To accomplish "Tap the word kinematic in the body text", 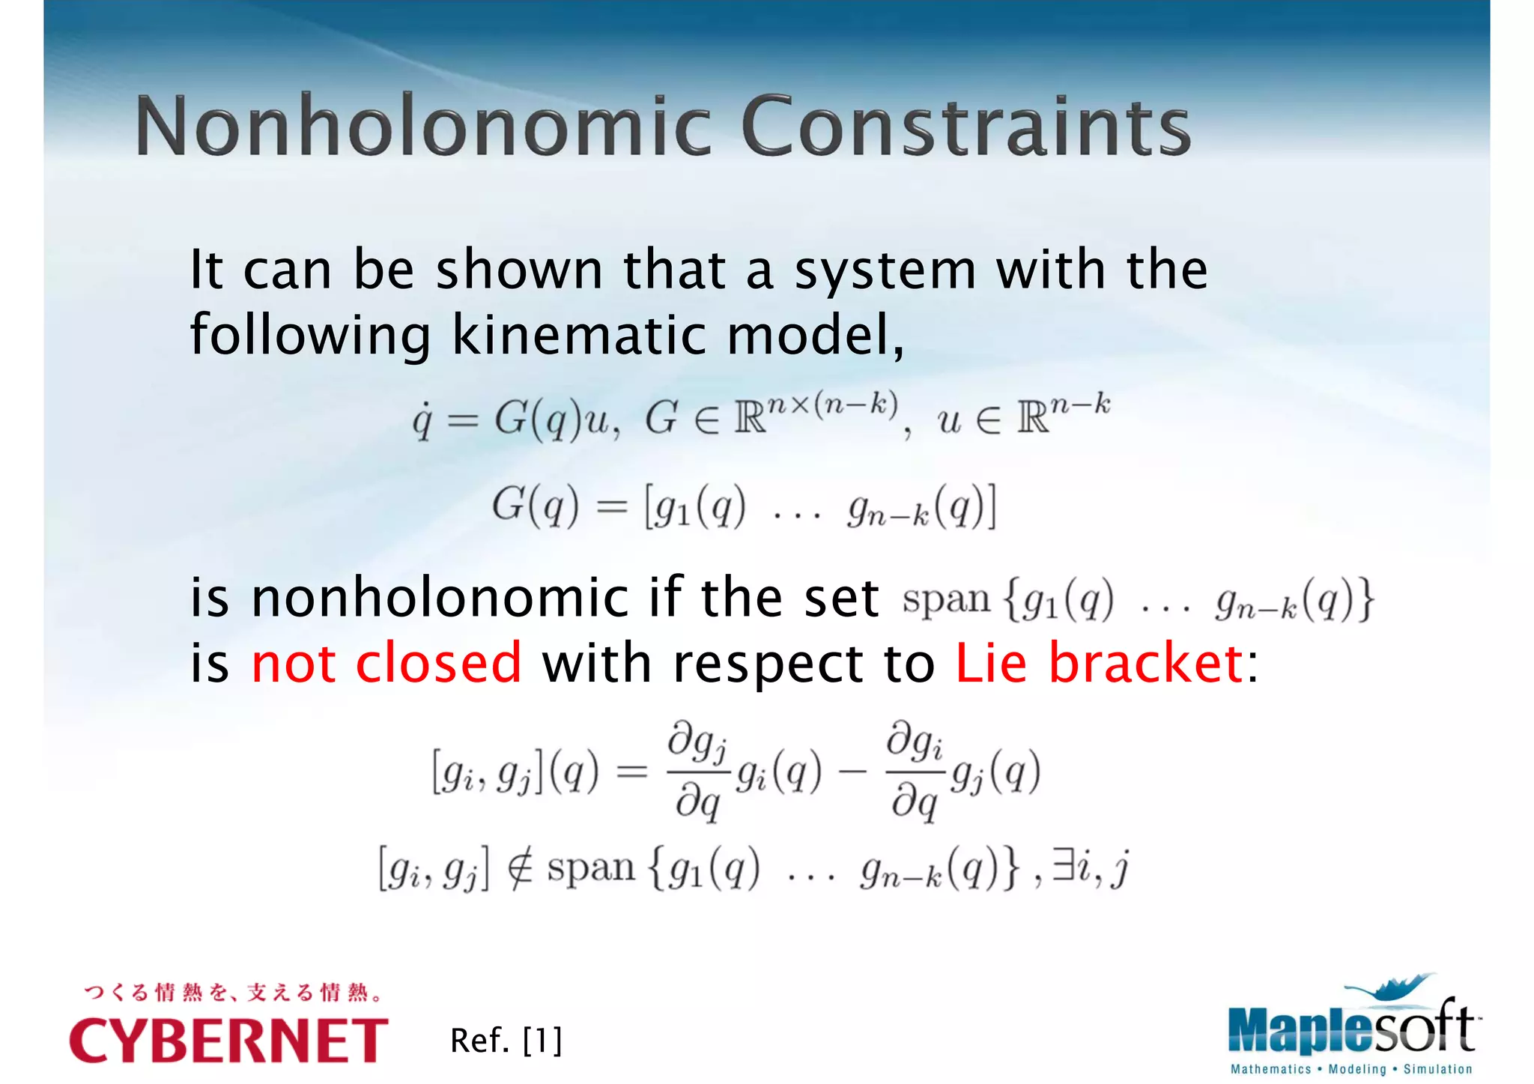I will (x=578, y=335).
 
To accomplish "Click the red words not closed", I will (x=386, y=663).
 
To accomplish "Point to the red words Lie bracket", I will (x=1099, y=663).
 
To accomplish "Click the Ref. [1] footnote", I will (x=506, y=1041).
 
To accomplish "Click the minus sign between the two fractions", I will (x=853, y=772).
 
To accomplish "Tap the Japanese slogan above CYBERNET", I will (x=233, y=993).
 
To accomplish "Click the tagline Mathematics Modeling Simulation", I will (x=1351, y=1069).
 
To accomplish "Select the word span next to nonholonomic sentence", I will (x=946, y=600).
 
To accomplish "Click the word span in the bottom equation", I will (x=591, y=869).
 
